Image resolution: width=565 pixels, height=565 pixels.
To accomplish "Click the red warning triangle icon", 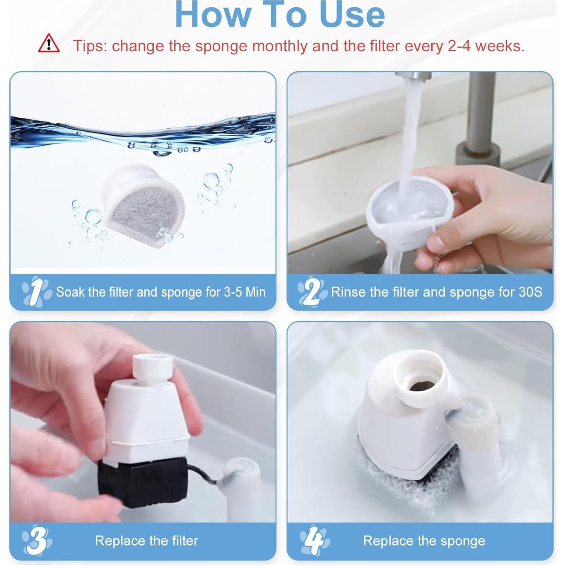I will (49, 44).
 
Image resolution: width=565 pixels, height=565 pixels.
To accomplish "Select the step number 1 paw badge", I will (36, 291).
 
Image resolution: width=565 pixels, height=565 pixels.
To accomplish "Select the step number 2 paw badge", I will (312, 291).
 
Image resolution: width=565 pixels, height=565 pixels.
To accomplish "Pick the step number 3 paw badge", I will (37, 541).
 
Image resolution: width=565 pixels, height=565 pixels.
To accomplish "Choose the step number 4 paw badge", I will (314, 541).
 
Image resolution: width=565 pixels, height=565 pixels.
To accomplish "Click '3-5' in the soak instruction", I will (233, 292).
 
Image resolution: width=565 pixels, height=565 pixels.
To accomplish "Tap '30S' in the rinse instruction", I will (530, 292).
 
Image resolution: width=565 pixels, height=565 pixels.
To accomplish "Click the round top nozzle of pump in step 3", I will (153, 365).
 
